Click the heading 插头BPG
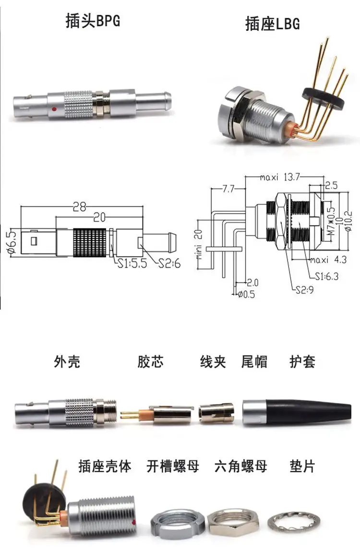(93, 20)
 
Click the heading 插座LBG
(273, 24)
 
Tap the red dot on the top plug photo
(54, 109)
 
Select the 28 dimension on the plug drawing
(79, 206)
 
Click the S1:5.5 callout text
(132, 263)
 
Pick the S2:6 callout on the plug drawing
(169, 263)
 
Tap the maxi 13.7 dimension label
(280, 177)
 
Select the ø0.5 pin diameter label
(247, 294)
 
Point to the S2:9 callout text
(305, 290)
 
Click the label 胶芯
(151, 362)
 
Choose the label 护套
(302, 362)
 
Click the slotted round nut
(177, 524)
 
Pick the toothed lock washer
(294, 523)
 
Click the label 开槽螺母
(173, 466)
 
